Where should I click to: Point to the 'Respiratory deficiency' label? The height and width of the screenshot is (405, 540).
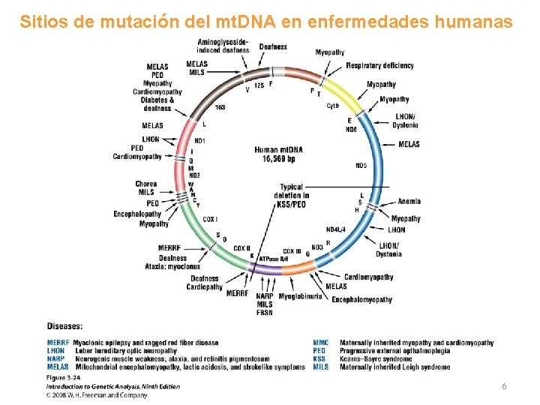(379, 65)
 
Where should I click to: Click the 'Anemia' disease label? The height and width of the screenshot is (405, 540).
(409, 201)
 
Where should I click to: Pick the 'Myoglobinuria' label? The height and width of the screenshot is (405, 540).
(300, 296)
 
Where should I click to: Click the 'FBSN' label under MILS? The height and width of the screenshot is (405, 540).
(264, 313)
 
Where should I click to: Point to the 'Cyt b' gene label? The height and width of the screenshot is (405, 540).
(333, 106)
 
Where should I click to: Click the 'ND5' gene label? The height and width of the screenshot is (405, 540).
(361, 166)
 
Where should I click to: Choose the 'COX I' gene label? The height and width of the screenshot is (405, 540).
(210, 219)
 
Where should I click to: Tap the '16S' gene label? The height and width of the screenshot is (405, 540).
(220, 107)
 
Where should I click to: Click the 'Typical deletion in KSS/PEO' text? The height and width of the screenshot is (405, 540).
(292, 196)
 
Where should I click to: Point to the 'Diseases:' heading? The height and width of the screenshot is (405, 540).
(64, 325)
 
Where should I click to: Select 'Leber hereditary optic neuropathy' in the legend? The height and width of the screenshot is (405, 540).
(126, 351)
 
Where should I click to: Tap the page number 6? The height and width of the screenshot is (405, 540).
(504, 385)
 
